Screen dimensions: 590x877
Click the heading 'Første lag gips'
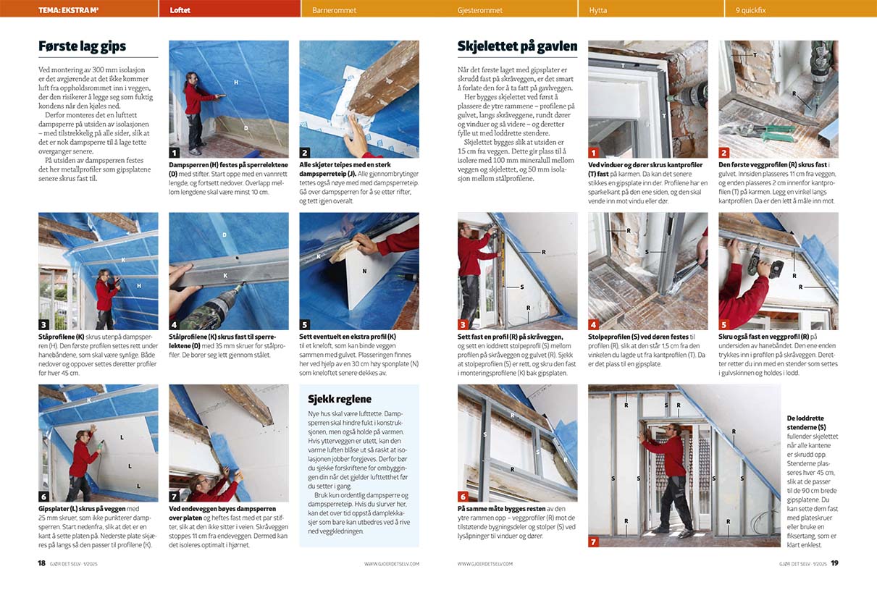point(82,46)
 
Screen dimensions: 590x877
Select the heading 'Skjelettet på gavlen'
point(517,46)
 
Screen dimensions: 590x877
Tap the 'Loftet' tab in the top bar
point(180,10)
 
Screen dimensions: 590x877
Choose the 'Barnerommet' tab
point(335,10)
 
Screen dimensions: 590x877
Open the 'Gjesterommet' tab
point(480,10)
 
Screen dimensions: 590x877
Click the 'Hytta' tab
point(598,10)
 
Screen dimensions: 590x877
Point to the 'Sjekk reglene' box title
point(340,399)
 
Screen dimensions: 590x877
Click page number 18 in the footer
point(42,563)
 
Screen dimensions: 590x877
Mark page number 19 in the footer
point(834,563)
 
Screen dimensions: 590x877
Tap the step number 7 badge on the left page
point(175,496)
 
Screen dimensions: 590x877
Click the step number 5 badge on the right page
point(724,325)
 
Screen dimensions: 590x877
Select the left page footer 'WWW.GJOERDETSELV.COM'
point(392,564)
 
